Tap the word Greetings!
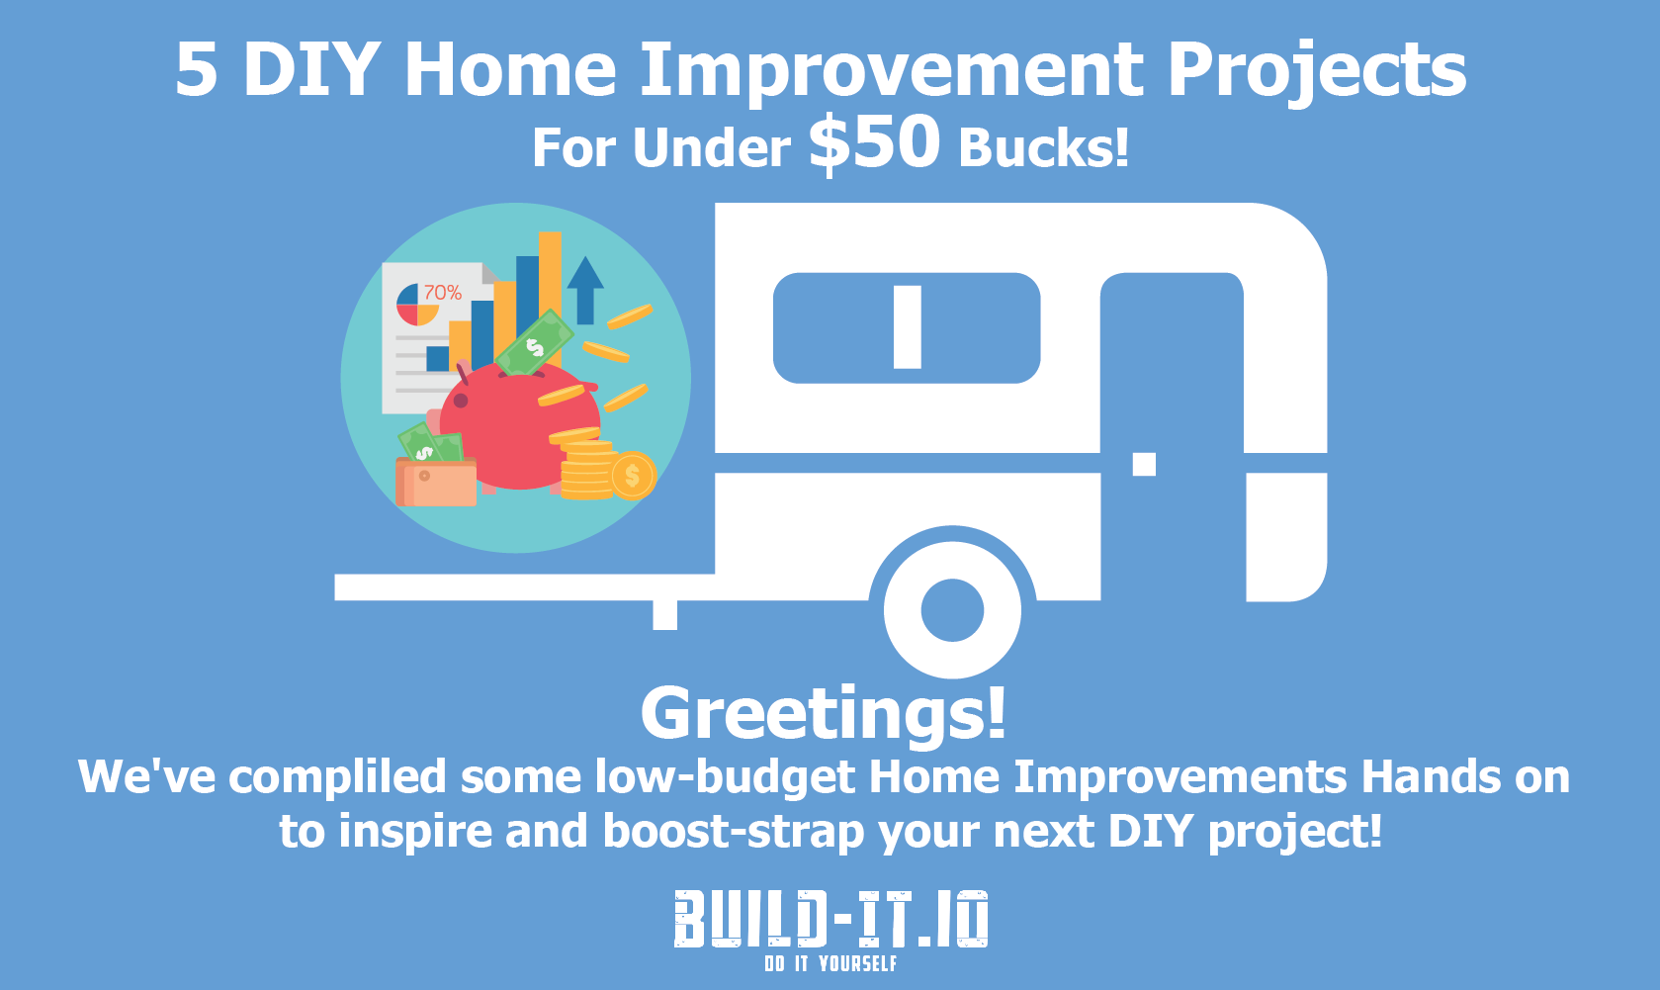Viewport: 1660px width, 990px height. point(824,713)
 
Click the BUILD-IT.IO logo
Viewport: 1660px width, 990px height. point(830,920)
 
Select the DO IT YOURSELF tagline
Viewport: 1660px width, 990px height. point(830,963)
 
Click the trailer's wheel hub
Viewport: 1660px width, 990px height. point(952,609)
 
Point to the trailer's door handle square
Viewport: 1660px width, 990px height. point(1144,464)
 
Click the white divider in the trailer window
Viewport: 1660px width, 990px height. point(907,327)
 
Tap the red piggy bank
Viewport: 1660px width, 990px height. point(519,426)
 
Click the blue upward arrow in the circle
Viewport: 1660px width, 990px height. point(585,290)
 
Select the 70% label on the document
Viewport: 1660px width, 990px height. point(442,292)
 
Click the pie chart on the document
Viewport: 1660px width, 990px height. point(417,305)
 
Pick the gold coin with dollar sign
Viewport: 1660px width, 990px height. point(632,476)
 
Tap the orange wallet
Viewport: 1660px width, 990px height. point(436,482)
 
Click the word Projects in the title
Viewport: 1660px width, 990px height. point(1317,70)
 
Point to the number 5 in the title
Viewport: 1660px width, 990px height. point(197,70)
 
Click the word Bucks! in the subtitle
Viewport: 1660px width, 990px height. point(1043,147)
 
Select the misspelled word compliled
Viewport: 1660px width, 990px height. point(337,778)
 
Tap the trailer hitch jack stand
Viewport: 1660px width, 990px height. point(664,615)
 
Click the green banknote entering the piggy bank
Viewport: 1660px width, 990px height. point(534,342)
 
